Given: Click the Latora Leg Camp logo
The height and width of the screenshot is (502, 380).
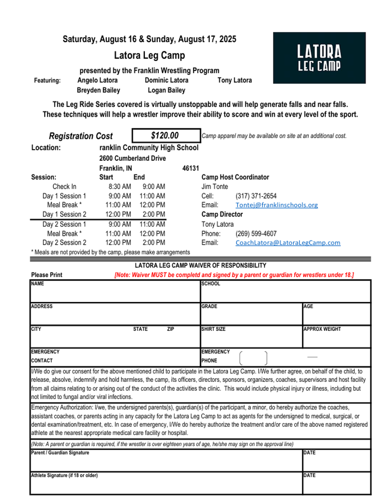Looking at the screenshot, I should click(x=319, y=58).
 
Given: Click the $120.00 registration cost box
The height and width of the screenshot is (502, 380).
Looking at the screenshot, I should click(x=166, y=136).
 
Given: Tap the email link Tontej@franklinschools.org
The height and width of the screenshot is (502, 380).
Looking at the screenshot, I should click(x=276, y=205).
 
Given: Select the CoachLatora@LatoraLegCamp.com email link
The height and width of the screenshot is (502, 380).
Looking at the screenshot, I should click(x=287, y=243).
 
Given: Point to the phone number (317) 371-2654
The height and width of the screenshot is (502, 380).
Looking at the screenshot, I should click(x=256, y=196).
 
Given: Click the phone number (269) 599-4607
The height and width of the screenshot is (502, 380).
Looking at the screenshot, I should click(x=256, y=234).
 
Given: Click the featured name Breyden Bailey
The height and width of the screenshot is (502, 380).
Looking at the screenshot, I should click(x=98, y=90).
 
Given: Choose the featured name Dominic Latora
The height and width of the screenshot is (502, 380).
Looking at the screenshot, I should click(x=166, y=80).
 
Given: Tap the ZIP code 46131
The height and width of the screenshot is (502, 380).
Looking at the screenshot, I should click(x=190, y=168).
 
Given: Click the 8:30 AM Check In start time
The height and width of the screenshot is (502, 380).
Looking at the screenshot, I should click(x=119, y=187).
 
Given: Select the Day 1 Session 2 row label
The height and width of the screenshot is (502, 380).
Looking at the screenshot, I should click(x=64, y=214).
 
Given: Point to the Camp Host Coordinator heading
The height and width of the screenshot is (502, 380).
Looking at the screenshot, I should click(x=235, y=177).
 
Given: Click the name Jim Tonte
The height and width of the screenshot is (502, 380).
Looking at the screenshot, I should click(x=214, y=187).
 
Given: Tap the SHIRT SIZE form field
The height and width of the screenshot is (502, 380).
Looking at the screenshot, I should click(x=251, y=337).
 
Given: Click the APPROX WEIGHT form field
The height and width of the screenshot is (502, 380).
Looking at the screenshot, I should click(x=336, y=337).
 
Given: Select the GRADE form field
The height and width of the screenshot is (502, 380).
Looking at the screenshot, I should click(x=251, y=315).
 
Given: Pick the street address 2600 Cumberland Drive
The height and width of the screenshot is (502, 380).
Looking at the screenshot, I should click(x=132, y=158).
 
